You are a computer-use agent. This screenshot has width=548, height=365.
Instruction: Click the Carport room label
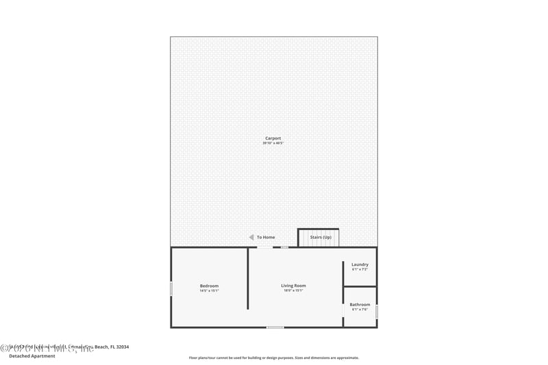[x=273, y=138]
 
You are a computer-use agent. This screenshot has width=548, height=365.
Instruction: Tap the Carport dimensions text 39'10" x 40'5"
[x=273, y=143]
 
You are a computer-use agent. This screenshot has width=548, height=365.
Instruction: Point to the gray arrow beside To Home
[x=251, y=237]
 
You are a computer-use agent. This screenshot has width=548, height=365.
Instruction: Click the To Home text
[x=266, y=238]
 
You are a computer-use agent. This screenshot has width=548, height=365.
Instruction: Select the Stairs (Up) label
[x=321, y=238]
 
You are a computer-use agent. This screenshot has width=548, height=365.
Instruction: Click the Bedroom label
[x=209, y=286]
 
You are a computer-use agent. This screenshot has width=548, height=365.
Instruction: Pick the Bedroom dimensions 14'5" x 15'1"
[x=209, y=290]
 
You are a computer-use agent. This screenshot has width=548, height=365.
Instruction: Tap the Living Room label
[x=293, y=286]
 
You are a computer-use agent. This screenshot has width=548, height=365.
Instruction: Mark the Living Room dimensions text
[x=293, y=290]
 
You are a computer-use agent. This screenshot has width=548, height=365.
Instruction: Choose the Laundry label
[x=360, y=264]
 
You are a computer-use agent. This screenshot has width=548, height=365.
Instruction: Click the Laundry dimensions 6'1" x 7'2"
[x=360, y=269]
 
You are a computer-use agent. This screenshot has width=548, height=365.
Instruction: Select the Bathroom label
[x=360, y=305]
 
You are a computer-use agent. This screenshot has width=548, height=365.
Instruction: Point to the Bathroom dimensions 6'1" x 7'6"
[x=360, y=310]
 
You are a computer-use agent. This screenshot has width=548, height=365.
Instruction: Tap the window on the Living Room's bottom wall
[x=275, y=327]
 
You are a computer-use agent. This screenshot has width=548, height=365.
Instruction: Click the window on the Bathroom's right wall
[x=376, y=312]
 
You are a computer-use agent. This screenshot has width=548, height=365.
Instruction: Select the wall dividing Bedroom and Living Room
[x=248, y=278]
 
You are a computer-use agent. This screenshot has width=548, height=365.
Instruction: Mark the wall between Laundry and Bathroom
[x=360, y=286]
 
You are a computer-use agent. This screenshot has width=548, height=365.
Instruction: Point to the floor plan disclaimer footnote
[x=273, y=357]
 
